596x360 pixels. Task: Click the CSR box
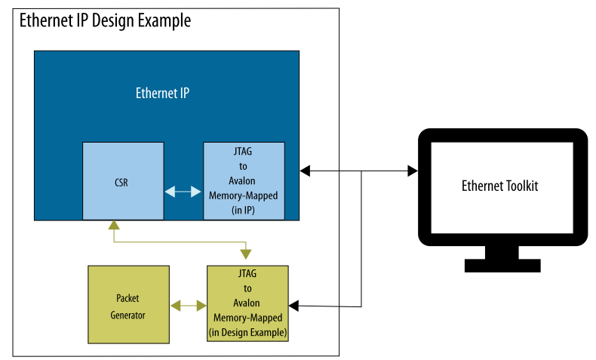click(x=123, y=181)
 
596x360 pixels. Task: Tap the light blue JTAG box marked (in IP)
click(x=244, y=181)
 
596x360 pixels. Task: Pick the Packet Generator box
click(x=127, y=303)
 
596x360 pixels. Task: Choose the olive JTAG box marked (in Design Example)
click(x=247, y=303)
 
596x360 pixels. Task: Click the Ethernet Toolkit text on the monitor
click(x=499, y=186)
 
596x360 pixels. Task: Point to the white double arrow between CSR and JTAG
click(x=183, y=192)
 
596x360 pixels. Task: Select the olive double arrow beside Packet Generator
click(x=188, y=306)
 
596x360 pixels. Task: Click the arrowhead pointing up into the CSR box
click(x=113, y=226)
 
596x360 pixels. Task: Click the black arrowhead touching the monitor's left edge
click(x=412, y=171)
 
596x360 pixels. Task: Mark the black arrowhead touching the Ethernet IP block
click(x=305, y=171)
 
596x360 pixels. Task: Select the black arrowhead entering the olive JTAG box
click(x=295, y=306)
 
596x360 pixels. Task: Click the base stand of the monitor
click(x=502, y=265)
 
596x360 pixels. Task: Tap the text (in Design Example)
click(x=247, y=330)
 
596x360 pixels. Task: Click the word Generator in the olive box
click(x=127, y=315)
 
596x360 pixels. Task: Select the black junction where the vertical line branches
click(x=363, y=172)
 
